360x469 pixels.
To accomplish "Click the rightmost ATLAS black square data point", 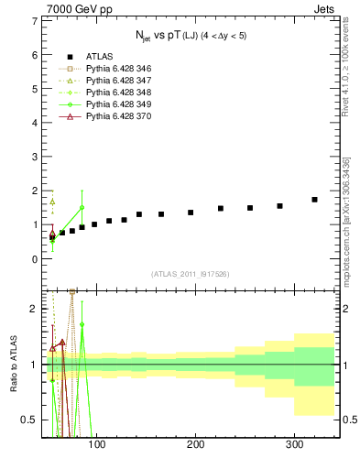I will coord(314,200).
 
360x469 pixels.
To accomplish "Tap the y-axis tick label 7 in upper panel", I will coord(35,21).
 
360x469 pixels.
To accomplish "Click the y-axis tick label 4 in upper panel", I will coord(35,123).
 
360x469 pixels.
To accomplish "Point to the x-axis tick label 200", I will coord(195,444).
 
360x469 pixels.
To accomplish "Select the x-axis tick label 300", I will coord(294,444).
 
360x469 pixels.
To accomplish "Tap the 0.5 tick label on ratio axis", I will coord(30,420).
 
